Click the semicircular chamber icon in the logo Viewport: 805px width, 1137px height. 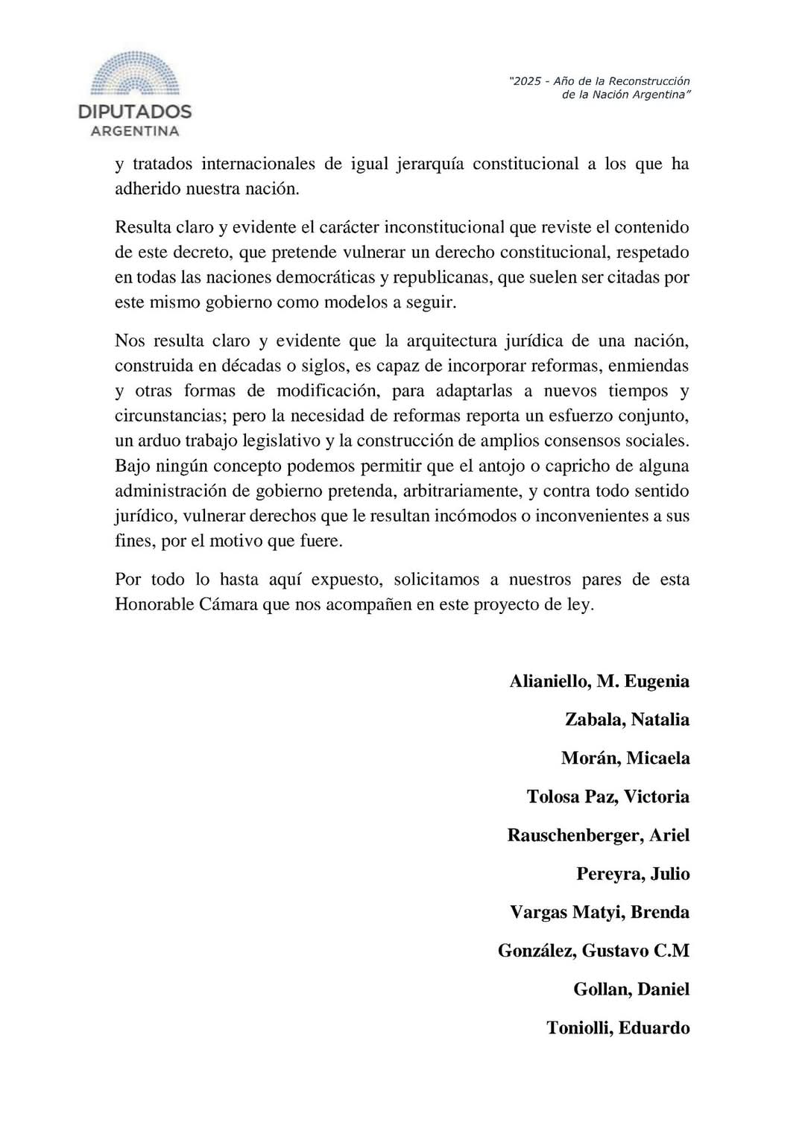135,75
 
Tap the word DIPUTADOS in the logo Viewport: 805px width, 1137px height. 135,113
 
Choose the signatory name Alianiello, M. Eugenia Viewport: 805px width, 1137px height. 599,681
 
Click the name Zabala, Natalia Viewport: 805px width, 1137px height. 627,720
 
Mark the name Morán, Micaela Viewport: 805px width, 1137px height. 625,758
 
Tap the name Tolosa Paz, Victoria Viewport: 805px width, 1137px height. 608,797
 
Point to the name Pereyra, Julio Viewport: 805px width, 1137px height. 633,874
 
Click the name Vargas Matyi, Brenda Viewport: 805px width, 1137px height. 599,913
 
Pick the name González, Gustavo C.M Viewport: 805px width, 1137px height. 593,951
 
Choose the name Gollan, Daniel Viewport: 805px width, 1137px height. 631,990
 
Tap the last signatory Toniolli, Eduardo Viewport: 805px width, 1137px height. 618,1028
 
